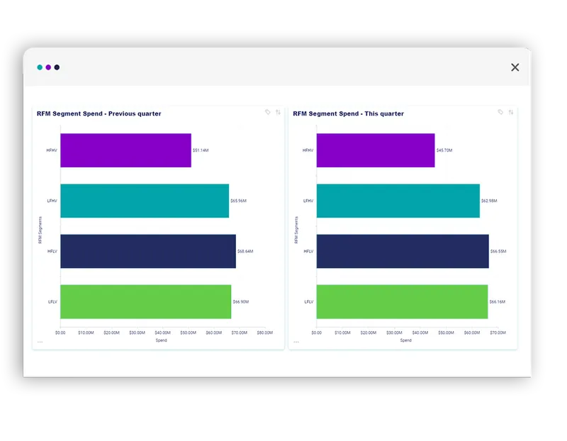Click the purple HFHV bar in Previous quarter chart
125,150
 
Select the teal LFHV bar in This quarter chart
398,201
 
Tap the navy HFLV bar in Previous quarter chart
147,251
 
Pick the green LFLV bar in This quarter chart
402,301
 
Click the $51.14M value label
201,150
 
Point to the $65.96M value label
238,201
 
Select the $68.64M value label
245,251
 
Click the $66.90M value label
241,301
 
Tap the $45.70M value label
444,150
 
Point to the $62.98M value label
489,201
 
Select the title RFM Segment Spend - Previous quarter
99,113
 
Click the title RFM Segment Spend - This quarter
348,113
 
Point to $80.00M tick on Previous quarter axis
265,332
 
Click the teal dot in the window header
40,67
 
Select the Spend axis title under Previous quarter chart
161,340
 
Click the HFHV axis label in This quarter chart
308,150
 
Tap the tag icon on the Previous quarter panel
268,112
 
